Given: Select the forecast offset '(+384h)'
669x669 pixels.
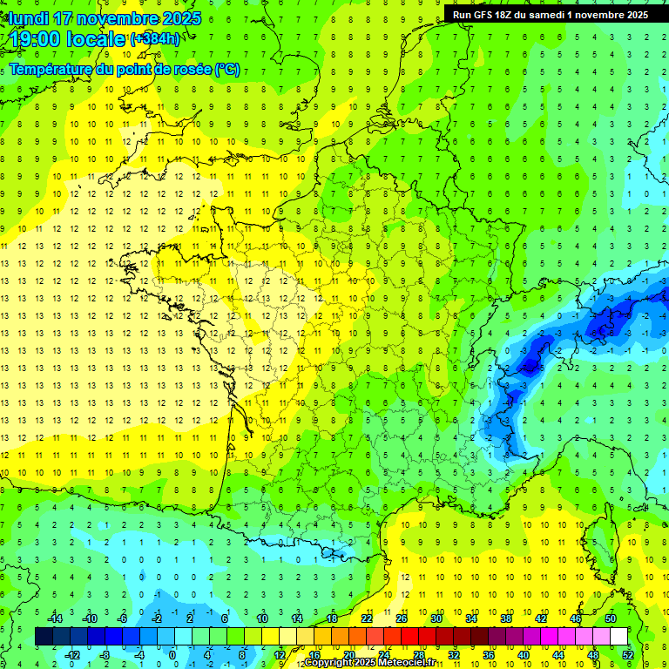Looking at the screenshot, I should [x=154, y=39].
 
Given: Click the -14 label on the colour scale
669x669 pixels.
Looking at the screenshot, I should [x=56, y=618].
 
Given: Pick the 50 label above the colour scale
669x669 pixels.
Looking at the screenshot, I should [x=610, y=618].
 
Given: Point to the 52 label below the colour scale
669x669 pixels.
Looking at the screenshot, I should [x=627, y=654].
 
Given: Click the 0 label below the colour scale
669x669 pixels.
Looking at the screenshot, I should [x=173, y=654].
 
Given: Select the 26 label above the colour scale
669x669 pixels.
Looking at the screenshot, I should [x=401, y=618].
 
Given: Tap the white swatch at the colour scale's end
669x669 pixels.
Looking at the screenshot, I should [x=618, y=636].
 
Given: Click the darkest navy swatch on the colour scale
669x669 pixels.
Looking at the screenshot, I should [x=44, y=636].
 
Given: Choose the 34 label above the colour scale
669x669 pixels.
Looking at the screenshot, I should [x=470, y=618].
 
